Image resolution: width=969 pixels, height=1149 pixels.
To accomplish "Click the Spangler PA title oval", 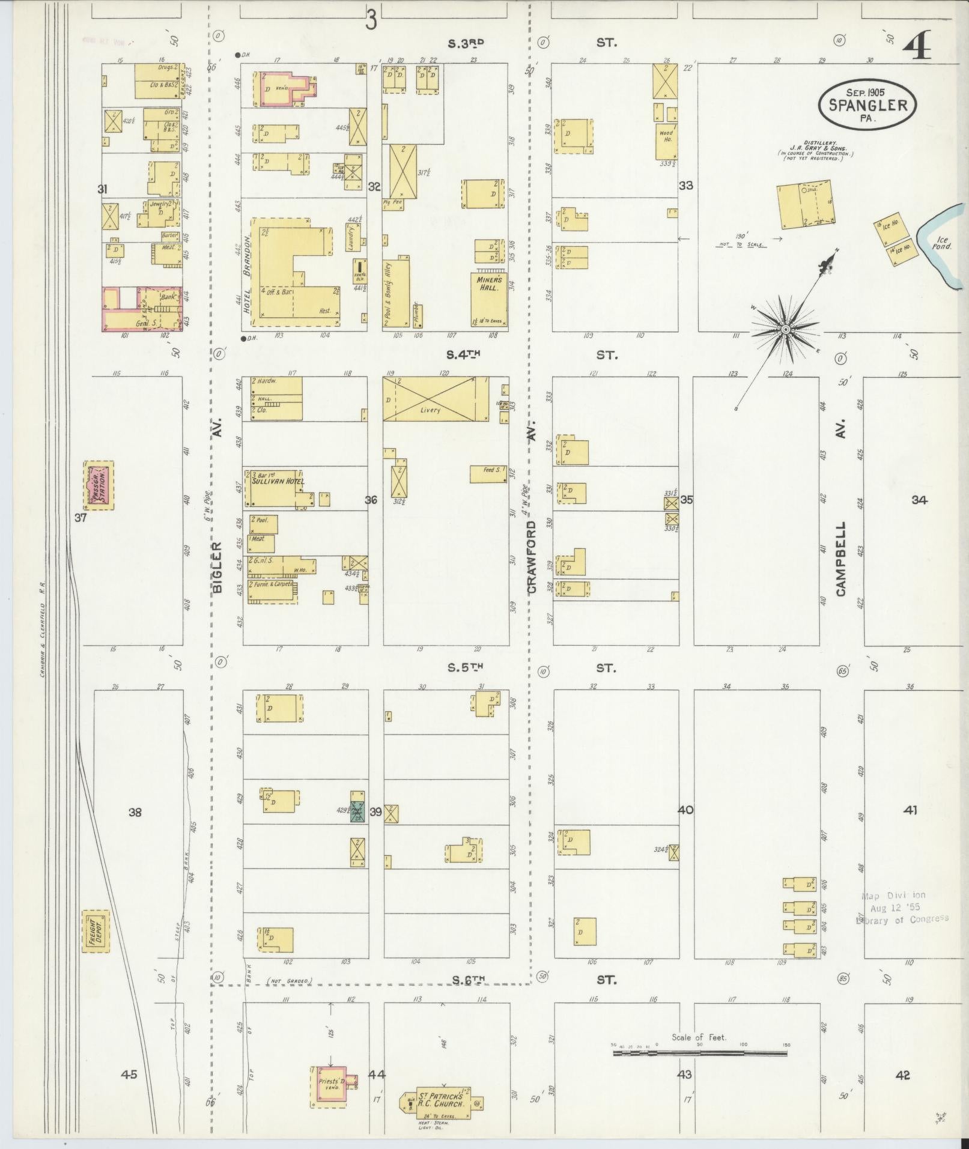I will coord(867,105).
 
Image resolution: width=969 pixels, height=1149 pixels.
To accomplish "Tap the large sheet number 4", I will coord(916,46).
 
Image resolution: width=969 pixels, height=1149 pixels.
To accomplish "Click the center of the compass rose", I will coord(785,330).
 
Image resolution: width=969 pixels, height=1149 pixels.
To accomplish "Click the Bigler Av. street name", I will coord(217,567).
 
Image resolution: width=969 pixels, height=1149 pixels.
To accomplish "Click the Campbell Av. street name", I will coord(840,559).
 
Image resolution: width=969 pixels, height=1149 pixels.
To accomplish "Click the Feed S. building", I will coord(488,473).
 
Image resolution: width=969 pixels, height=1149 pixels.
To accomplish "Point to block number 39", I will coord(375,812).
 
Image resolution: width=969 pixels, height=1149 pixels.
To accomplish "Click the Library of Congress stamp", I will coord(901,908).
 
